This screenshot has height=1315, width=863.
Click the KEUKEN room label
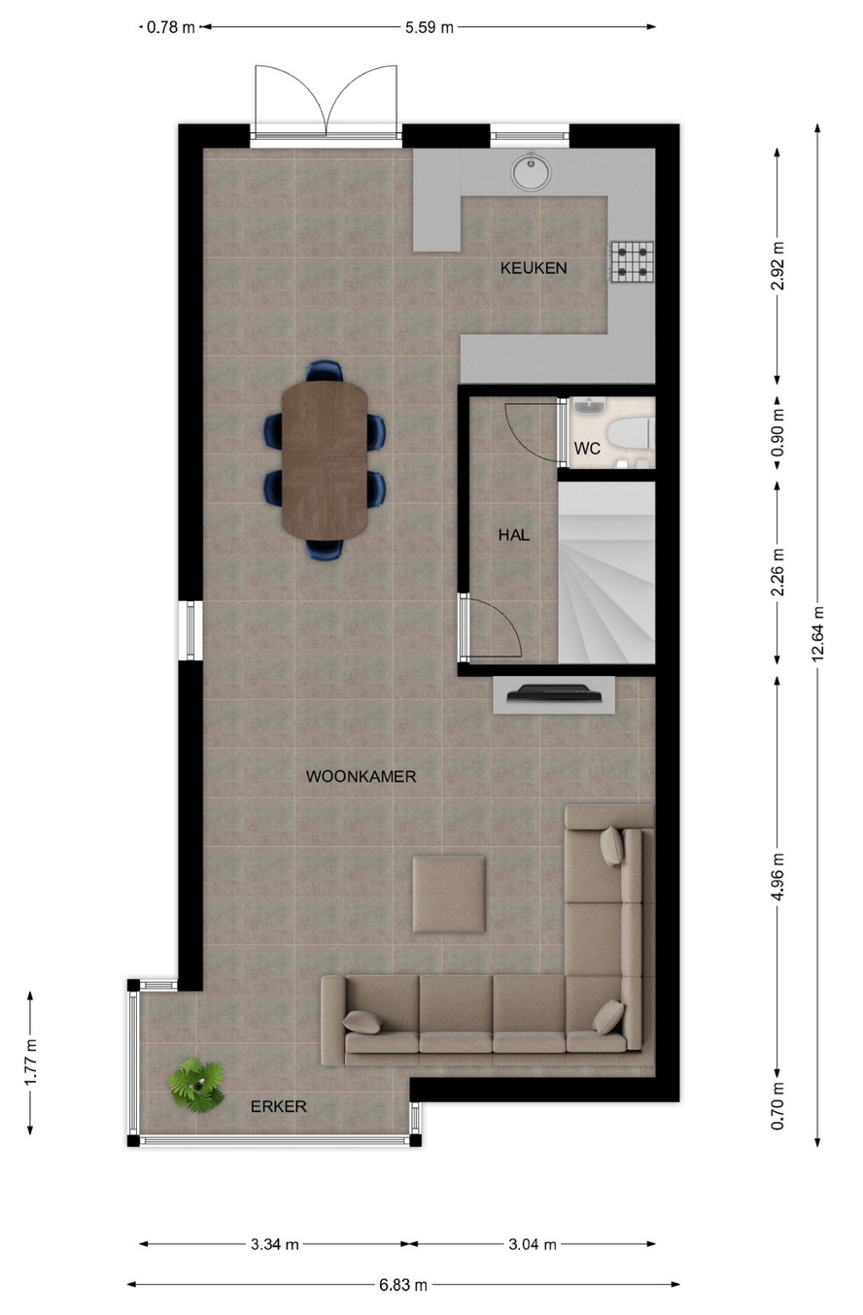tap(534, 268)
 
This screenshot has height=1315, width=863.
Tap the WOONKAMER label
tap(361, 777)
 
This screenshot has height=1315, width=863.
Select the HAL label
tap(513, 535)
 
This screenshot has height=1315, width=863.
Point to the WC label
tap(587, 449)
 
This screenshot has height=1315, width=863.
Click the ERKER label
tap(279, 1106)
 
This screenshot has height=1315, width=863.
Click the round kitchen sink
tap(531, 172)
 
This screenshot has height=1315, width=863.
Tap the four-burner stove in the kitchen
tap(632, 262)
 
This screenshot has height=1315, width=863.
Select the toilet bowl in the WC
tap(630, 434)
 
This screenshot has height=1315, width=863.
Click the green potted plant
tap(197, 1086)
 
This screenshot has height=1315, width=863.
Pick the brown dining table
tap(325, 460)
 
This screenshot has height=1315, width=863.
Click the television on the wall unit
tap(555, 693)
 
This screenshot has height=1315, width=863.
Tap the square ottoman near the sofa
tap(449, 894)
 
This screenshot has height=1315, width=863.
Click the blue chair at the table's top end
tap(325, 370)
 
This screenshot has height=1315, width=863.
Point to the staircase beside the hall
tap(606, 573)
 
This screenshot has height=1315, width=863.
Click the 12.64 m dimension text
tap(817, 634)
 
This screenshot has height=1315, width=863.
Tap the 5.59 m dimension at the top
tap(430, 27)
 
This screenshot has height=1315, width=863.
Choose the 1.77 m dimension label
tap(30, 1062)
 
